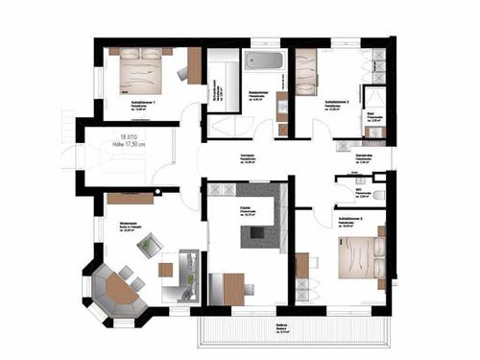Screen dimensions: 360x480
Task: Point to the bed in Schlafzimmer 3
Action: point(357,252)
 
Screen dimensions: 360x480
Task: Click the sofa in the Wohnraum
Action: point(182,275)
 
